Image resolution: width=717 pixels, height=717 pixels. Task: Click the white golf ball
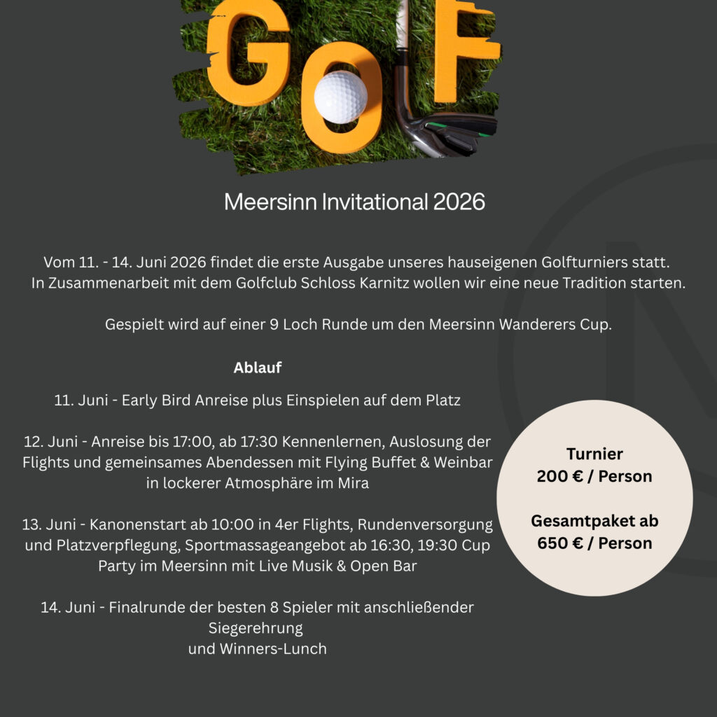coord(340,97)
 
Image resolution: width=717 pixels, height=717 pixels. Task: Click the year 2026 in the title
coord(459,202)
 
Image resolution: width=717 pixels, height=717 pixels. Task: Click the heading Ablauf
coord(257,368)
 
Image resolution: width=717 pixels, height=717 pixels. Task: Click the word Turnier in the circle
coord(594,454)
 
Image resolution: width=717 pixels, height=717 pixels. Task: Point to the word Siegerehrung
coord(256,627)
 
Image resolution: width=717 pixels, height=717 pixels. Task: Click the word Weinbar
coord(464,464)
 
